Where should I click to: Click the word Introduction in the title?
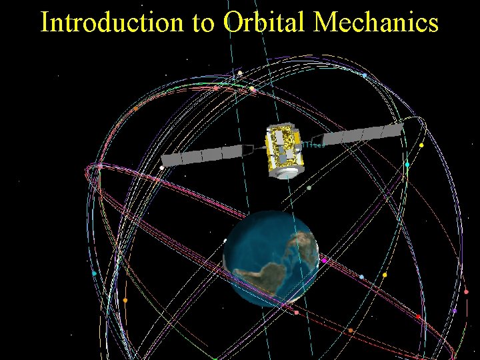point(110,23)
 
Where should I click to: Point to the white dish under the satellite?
point(287,172)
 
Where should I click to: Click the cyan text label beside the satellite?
point(313,144)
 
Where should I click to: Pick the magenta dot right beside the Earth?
point(325,261)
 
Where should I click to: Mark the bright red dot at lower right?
point(419,317)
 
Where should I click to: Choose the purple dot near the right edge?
point(455,311)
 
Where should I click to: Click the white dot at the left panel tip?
point(161,167)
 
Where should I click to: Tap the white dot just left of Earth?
point(225,240)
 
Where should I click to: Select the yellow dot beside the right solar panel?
point(421,145)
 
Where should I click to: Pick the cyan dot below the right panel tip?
point(407,164)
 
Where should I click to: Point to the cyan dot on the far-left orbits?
point(94,273)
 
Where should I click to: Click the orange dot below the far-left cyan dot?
point(125,300)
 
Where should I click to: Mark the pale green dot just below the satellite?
point(309,188)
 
